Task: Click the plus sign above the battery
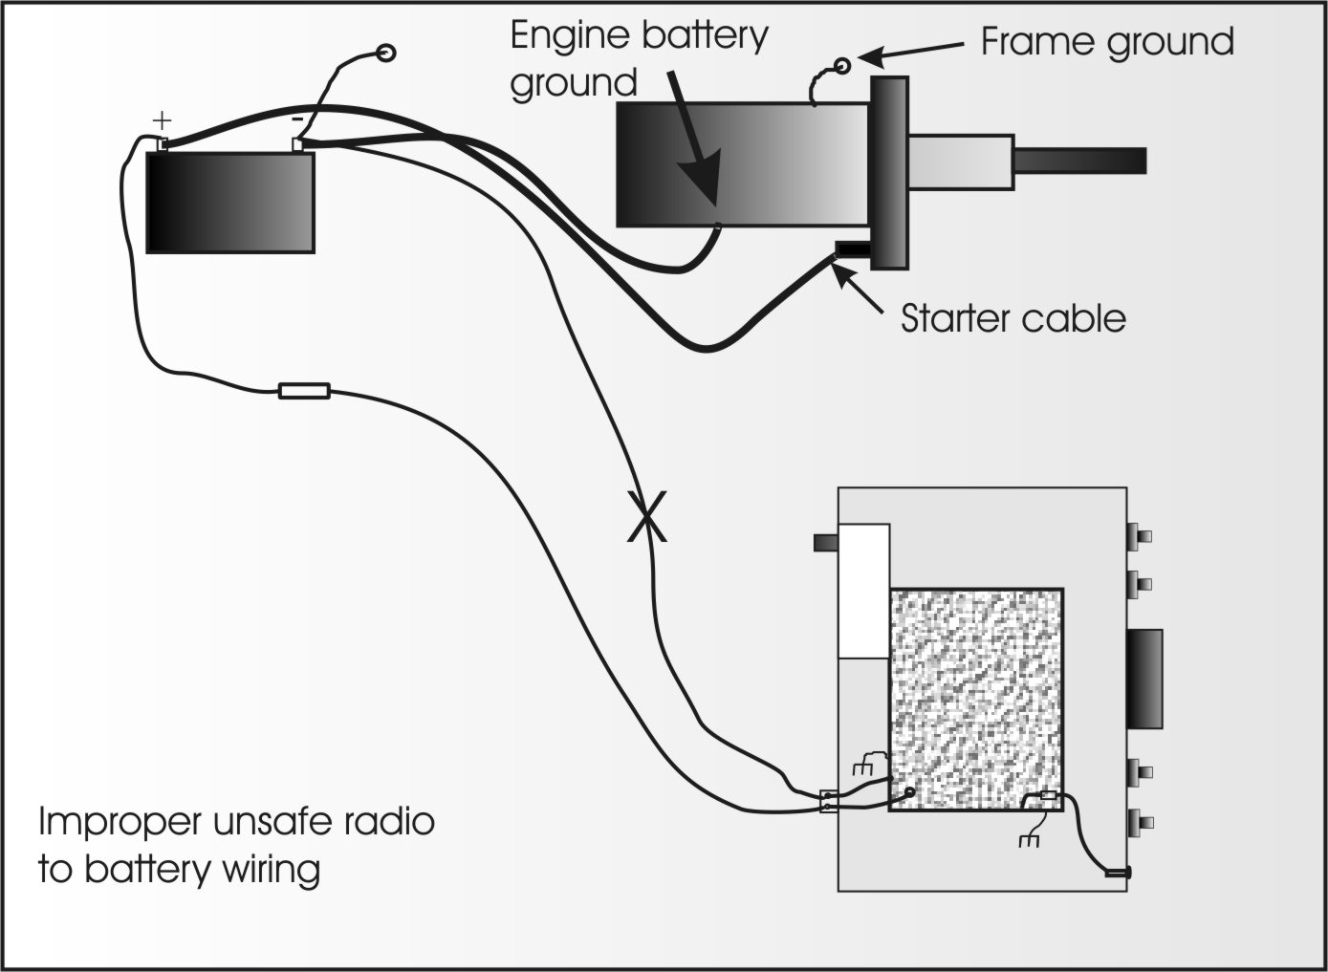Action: (163, 121)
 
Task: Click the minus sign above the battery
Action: (297, 119)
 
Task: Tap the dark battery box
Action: (229, 202)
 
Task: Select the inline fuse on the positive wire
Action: (304, 390)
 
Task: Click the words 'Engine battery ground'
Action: (638, 59)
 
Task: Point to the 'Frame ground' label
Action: (1107, 42)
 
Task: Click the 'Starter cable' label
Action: (1012, 318)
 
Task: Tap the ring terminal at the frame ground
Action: (842, 65)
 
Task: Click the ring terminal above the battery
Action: (386, 53)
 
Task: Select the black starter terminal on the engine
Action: (852, 250)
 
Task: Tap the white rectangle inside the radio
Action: (863, 591)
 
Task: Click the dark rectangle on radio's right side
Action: (1145, 679)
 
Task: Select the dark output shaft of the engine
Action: (1079, 162)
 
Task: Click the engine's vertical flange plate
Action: (888, 173)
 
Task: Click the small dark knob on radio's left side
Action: (825, 543)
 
